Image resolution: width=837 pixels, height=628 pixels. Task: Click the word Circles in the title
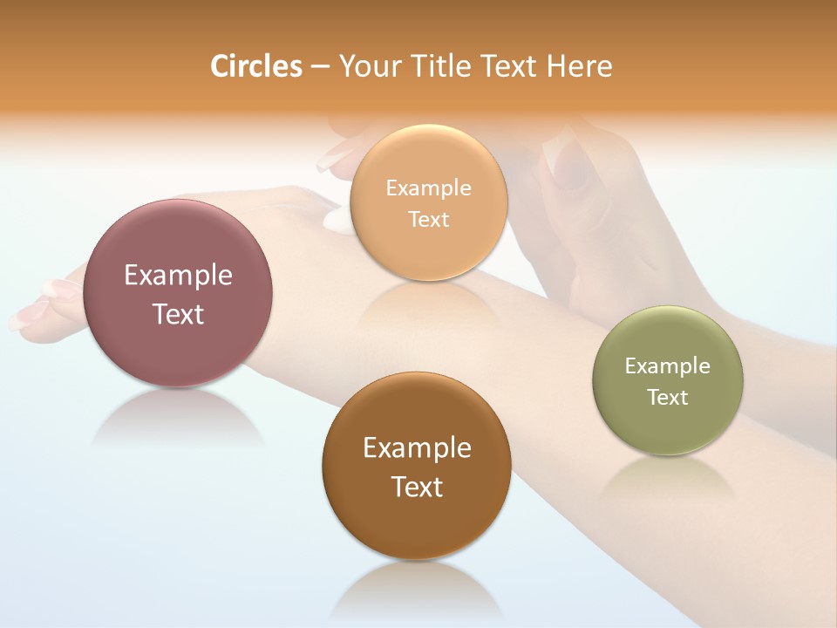(255, 66)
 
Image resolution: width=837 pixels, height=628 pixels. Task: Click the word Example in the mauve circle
(178, 276)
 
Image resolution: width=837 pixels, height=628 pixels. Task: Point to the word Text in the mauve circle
(178, 314)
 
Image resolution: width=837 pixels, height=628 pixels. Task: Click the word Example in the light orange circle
(428, 188)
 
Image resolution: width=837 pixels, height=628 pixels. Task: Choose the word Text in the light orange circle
(428, 220)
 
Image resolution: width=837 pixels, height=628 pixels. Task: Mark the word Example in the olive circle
(668, 366)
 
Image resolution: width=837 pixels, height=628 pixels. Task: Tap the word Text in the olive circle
(668, 398)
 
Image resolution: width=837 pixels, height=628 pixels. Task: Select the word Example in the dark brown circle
(417, 448)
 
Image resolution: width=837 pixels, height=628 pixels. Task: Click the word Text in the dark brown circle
(417, 487)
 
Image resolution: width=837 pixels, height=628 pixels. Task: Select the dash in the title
(319, 67)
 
